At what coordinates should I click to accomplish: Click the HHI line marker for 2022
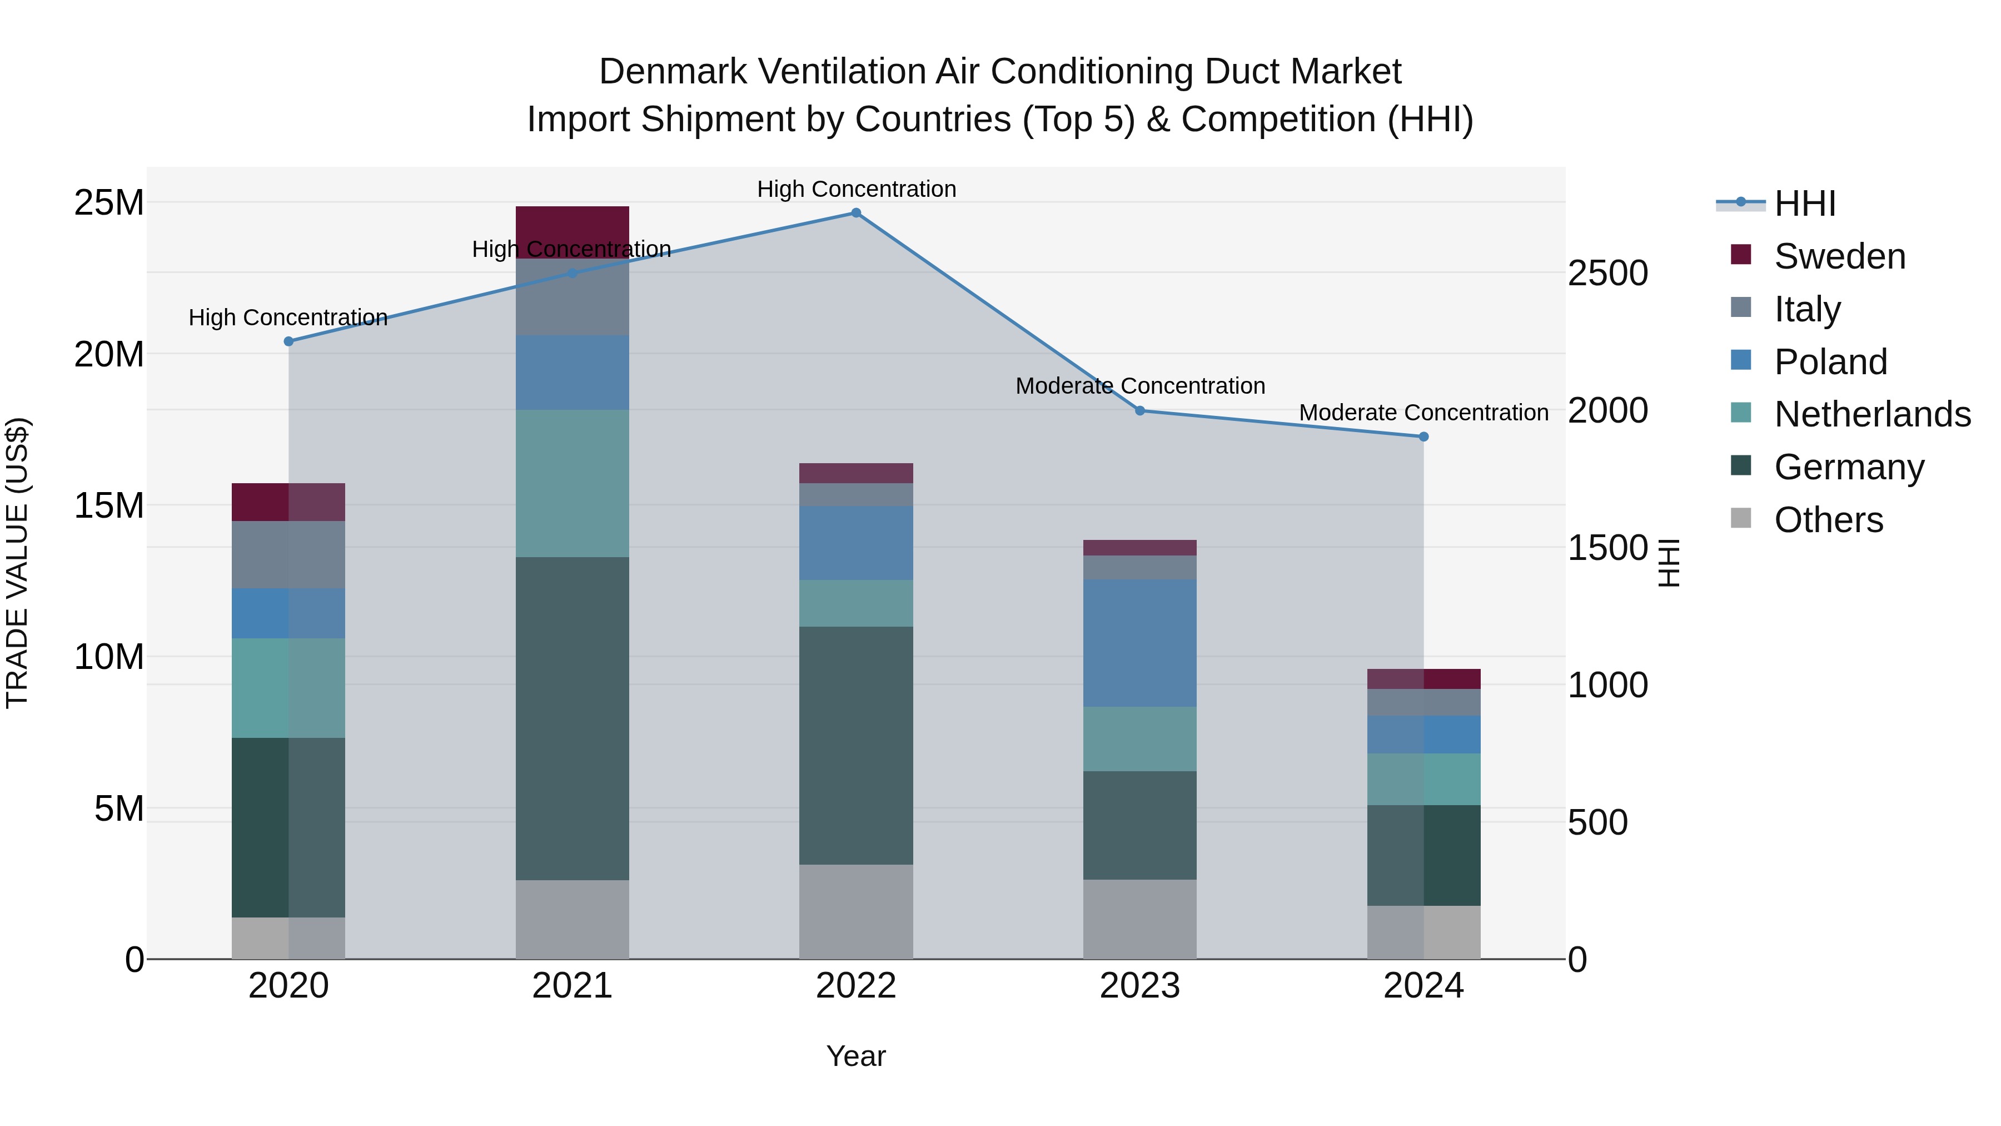pyautogui.click(x=856, y=213)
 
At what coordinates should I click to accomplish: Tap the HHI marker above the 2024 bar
pyautogui.click(x=1424, y=436)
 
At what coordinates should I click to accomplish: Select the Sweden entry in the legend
pyautogui.click(x=1839, y=256)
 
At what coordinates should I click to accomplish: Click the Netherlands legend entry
pyautogui.click(x=1872, y=414)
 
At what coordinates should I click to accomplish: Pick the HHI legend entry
pyautogui.click(x=1804, y=204)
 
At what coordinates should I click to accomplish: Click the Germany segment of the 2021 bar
pyautogui.click(x=573, y=719)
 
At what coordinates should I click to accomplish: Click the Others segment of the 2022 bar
pyautogui.click(x=856, y=911)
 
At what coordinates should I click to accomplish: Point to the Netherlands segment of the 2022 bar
pyautogui.click(x=856, y=603)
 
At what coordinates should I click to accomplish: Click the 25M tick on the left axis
pyautogui.click(x=109, y=203)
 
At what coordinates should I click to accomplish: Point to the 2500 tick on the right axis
pyautogui.click(x=1607, y=274)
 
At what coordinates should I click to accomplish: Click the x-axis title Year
pyautogui.click(x=856, y=1056)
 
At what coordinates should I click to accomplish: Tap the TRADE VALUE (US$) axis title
pyautogui.click(x=17, y=563)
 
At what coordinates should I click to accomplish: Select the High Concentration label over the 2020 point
pyautogui.click(x=288, y=318)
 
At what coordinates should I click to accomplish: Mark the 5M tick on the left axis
pyautogui.click(x=119, y=809)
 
